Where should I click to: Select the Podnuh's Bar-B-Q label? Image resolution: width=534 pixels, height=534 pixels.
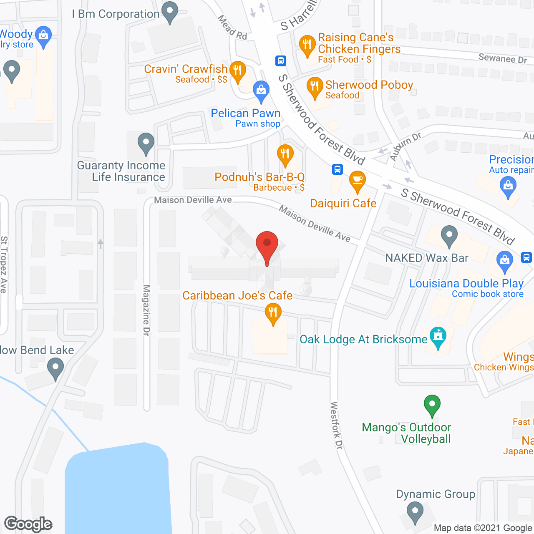click(259, 177)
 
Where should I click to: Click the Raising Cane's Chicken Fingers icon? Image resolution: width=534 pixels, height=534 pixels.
click(307, 45)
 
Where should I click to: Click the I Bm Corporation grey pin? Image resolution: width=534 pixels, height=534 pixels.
click(169, 12)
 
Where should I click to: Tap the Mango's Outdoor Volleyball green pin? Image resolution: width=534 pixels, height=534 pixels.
click(432, 405)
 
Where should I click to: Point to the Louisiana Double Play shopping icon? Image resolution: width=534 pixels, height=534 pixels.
click(504, 261)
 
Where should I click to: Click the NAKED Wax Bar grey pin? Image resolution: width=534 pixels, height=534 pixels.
click(449, 236)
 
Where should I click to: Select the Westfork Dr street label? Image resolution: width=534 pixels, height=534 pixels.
click(336, 425)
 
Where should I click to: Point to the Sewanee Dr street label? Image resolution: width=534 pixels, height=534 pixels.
click(503, 58)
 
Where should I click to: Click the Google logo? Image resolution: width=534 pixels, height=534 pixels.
click(28, 524)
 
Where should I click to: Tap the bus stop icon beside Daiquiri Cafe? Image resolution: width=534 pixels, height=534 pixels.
click(338, 169)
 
